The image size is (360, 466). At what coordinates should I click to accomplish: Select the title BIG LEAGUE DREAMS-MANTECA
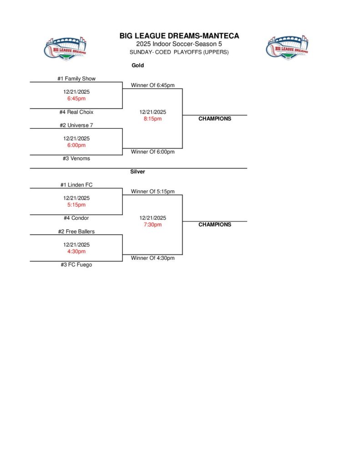pyautogui.click(x=179, y=36)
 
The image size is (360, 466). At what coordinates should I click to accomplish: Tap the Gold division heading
pyautogui.click(x=137, y=66)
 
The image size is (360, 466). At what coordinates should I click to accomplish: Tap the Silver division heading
pyautogui.click(x=137, y=172)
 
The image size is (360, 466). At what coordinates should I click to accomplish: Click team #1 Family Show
pyautogui.click(x=76, y=79)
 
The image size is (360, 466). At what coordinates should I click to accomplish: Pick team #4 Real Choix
pyautogui.click(x=76, y=112)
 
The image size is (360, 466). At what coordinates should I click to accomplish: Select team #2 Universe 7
pyautogui.click(x=76, y=125)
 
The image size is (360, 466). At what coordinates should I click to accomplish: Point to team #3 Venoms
pyautogui.click(x=76, y=158)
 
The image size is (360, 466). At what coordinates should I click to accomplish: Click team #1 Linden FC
pyautogui.click(x=76, y=185)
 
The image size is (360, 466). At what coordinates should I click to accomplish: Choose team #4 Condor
pyautogui.click(x=76, y=218)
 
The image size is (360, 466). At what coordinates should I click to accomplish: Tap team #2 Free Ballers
pyautogui.click(x=76, y=231)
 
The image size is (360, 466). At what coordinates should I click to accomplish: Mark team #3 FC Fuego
pyautogui.click(x=76, y=264)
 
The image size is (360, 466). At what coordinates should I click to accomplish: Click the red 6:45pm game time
pyautogui.click(x=76, y=98)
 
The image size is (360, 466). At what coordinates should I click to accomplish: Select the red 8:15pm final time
pyautogui.click(x=152, y=119)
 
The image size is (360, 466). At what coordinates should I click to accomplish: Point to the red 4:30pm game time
pyautogui.click(x=76, y=251)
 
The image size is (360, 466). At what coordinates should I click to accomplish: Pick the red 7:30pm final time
pyautogui.click(x=152, y=225)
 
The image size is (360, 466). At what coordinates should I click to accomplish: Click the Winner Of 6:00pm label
pyautogui.click(x=152, y=152)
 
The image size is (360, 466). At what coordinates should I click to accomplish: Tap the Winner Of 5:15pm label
pyautogui.click(x=152, y=192)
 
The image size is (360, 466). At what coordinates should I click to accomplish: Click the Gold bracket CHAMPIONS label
pyautogui.click(x=215, y=119)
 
